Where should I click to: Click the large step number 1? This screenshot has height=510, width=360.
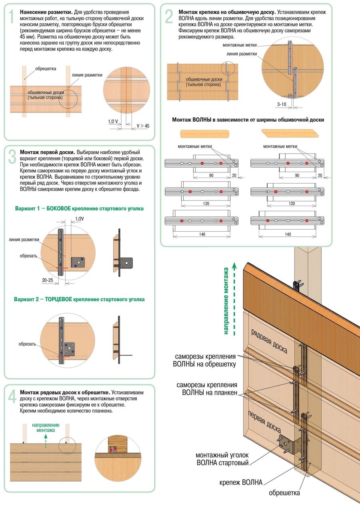click(12, 17)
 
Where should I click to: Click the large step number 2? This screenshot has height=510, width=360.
click(169, 17)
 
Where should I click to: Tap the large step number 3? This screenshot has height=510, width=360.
click(12, 157)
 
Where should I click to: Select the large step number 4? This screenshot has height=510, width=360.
click(12, 396)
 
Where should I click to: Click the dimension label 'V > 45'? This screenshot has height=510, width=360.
click(143, 126)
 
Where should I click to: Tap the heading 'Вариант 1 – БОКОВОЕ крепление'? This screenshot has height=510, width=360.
click(79, 208)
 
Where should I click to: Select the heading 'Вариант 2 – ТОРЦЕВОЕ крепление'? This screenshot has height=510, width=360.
click(79, 299)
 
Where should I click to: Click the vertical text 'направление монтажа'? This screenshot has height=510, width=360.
click(226, 301)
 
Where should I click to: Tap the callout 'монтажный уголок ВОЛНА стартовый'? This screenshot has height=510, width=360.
click(222, 459)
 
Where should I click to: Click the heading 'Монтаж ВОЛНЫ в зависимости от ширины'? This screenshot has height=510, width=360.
click(248, 120)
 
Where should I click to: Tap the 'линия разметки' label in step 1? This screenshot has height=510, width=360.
click(87, 75)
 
